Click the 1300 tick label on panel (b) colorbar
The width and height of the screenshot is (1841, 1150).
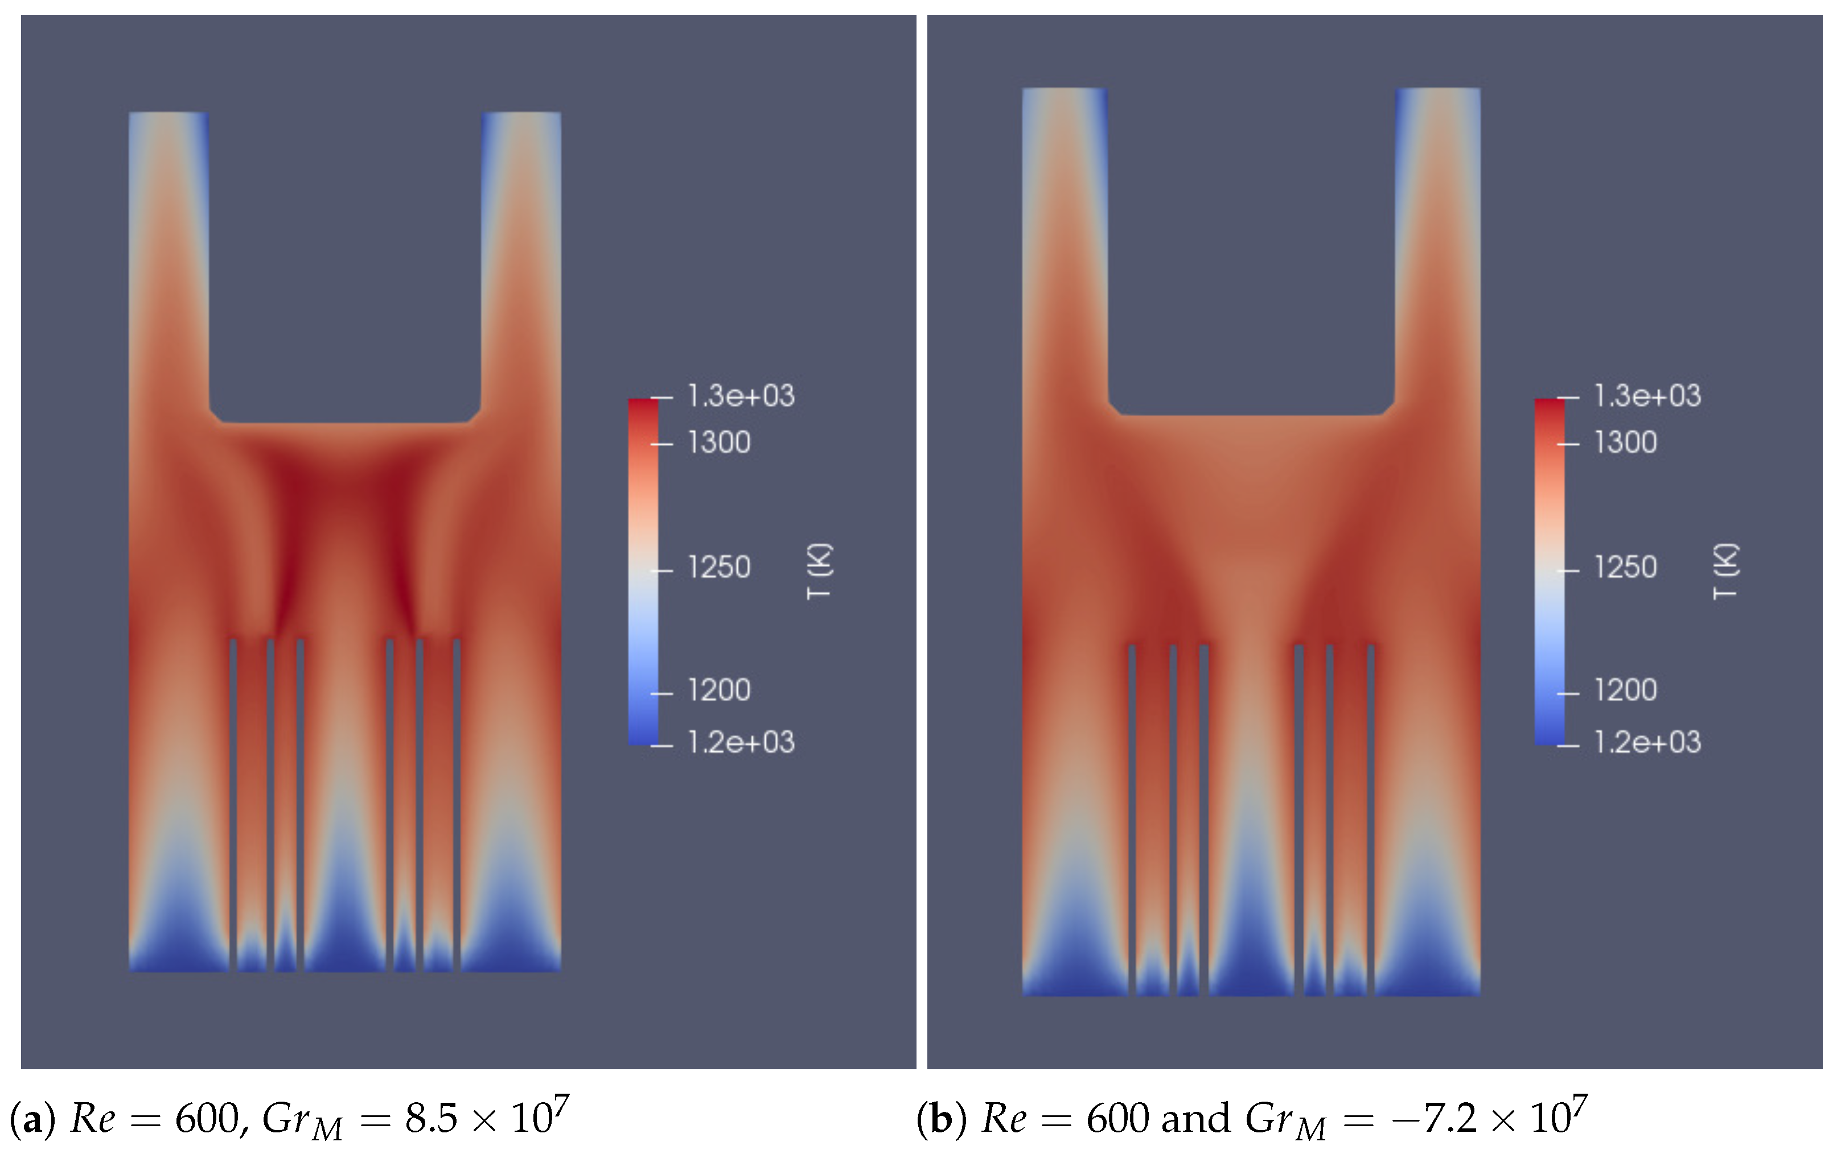[1625, 442]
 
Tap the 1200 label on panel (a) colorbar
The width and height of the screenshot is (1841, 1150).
[718, 690]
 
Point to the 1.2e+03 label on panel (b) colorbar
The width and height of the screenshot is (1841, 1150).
[1647, 742]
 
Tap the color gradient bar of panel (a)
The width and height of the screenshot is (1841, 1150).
[643, 570]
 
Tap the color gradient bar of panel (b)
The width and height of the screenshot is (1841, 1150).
[1550, 570]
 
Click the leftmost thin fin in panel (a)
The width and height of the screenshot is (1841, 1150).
[233, 799]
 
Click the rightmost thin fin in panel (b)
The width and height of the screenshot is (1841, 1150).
[1371, 814]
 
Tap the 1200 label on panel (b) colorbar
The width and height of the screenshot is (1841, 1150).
[1625, 690]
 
